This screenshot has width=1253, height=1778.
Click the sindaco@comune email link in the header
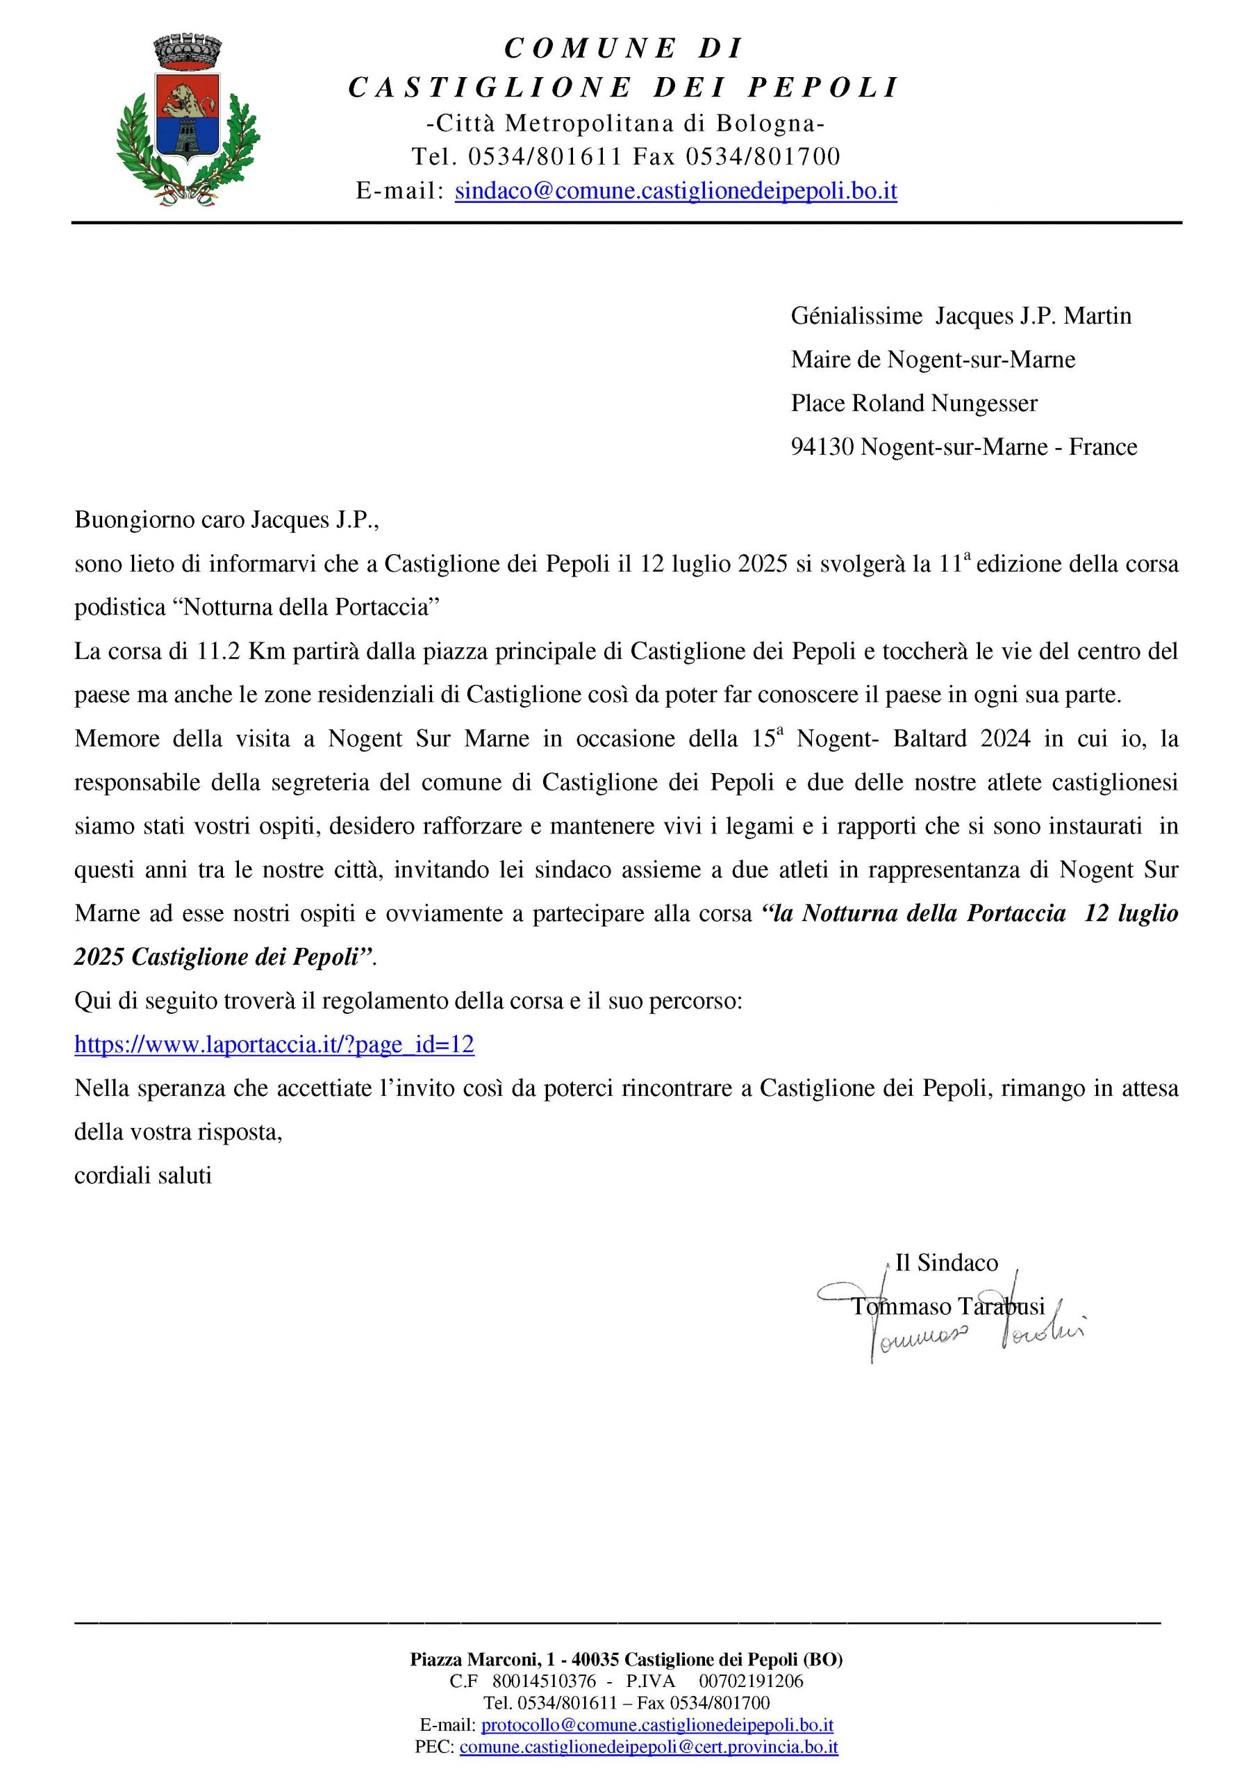pyautogui.click(x=675, y=190)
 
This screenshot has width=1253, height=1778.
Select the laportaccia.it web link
pyautogui.click(x=274, y=1045)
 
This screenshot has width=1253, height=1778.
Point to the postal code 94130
pyautogui.click(x=822, y=447)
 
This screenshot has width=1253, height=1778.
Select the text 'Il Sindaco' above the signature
pyautogui.click(x=946, y=1263)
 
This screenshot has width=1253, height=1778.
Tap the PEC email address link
pyautogui.click(x=648, y=1746)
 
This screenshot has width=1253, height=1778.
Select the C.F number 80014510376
pyautogui.click(x=544, y=1681)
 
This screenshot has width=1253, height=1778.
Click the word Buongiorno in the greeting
pyautogui.click(x=135, y=520)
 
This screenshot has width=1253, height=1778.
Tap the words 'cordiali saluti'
pyautogui.click(x=143, y=1176)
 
